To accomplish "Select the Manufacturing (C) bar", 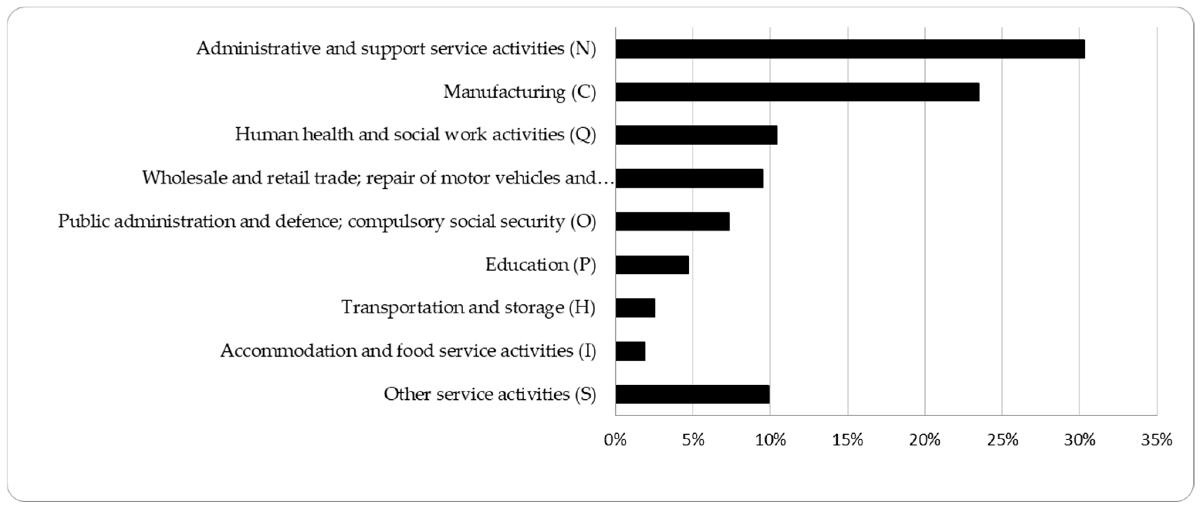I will (x=797, y=92).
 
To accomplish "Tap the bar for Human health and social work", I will (x=696, y=135).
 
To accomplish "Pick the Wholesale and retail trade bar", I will (x=689, y=178).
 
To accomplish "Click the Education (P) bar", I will (x=652, y=265).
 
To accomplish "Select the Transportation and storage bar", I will (x=635, y=308).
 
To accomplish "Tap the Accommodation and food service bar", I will (x=630, y=351).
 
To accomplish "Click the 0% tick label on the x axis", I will (x=615, y=440).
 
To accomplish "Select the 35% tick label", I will (x=1156, y=440).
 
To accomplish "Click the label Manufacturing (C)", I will (x=519, y=92).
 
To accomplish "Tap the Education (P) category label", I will (x=540, y=265).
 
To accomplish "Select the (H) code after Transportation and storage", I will (x=582, y=308).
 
